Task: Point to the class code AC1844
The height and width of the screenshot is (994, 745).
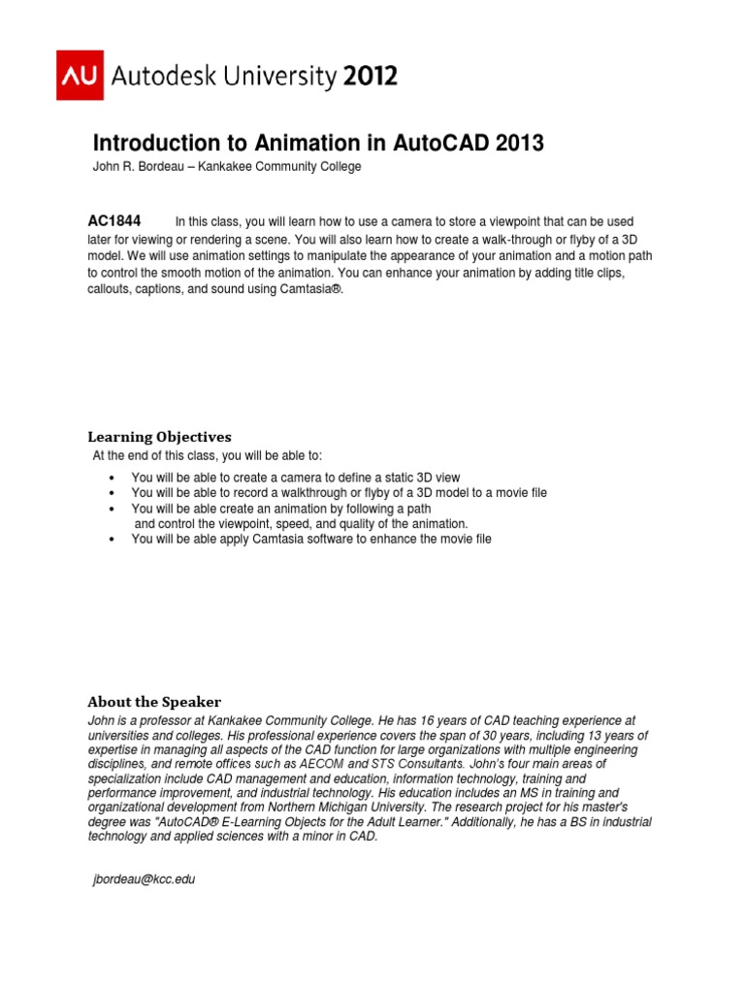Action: coord(114,221)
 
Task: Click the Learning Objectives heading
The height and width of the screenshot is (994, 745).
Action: coord(159,437)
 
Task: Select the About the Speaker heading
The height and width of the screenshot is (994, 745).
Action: coord(154,701)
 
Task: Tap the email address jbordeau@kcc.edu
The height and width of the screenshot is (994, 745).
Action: coord(144,879)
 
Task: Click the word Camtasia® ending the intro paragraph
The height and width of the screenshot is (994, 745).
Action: coord(313,289)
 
